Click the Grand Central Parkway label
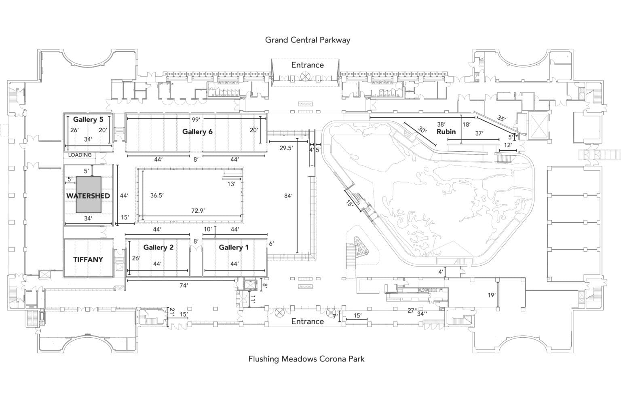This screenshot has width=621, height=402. point(307,40)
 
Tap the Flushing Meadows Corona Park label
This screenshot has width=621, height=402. point(306,358)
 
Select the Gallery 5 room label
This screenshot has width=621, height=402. point(88,119)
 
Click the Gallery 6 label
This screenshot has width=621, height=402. point(197,131)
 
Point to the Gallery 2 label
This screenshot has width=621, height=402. point(158,247)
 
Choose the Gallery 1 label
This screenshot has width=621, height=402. point(234,247)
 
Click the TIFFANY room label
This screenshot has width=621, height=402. point(88,260)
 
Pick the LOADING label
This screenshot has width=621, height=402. point(80,155)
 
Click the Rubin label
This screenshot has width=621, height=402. point(446,131)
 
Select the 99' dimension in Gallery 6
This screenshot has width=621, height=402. point(196,119)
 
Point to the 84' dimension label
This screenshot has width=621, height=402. point(288,196)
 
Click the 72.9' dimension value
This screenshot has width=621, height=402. point(198,210)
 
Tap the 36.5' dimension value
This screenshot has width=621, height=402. point(157,195)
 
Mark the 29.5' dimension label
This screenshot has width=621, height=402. point(286,148)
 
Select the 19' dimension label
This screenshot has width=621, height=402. point(491,295)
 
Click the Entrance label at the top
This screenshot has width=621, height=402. point(307,65)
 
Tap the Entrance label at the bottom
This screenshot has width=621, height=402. point(307,321)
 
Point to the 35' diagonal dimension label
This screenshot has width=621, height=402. point(501,119)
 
